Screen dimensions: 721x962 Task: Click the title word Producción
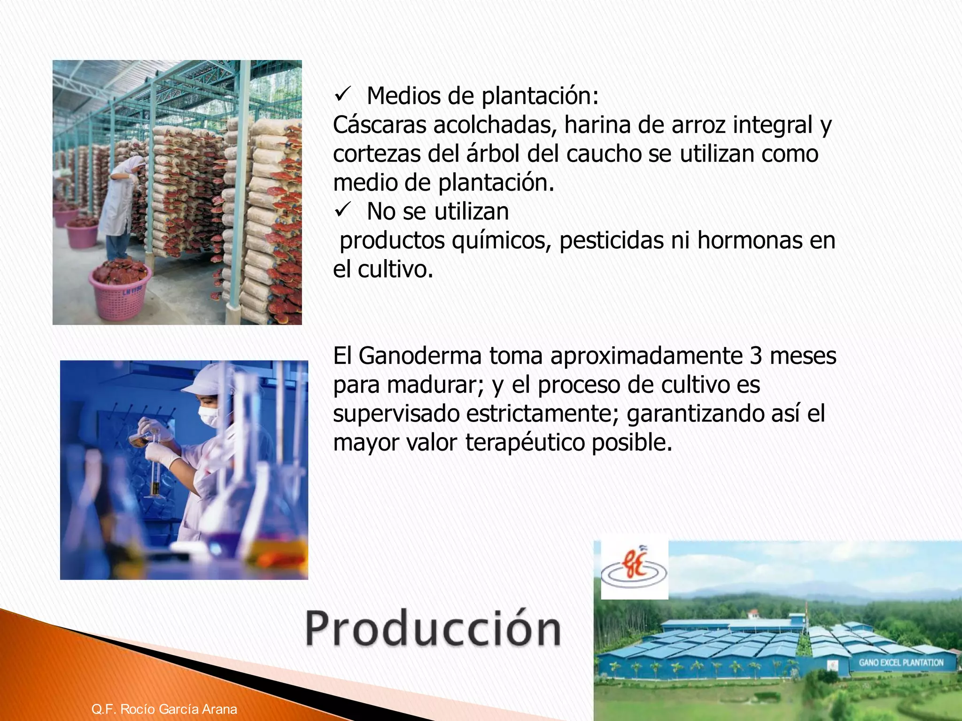coord(433,629)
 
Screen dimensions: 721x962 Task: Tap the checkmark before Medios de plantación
coord(341,96)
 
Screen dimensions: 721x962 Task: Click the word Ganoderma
coord(420,355)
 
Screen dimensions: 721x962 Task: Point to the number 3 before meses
coord(756,355)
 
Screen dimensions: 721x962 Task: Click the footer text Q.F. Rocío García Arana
coord(164,709)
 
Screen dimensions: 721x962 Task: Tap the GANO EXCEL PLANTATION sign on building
coord(901,663)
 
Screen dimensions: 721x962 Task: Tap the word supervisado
coord(396,414)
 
